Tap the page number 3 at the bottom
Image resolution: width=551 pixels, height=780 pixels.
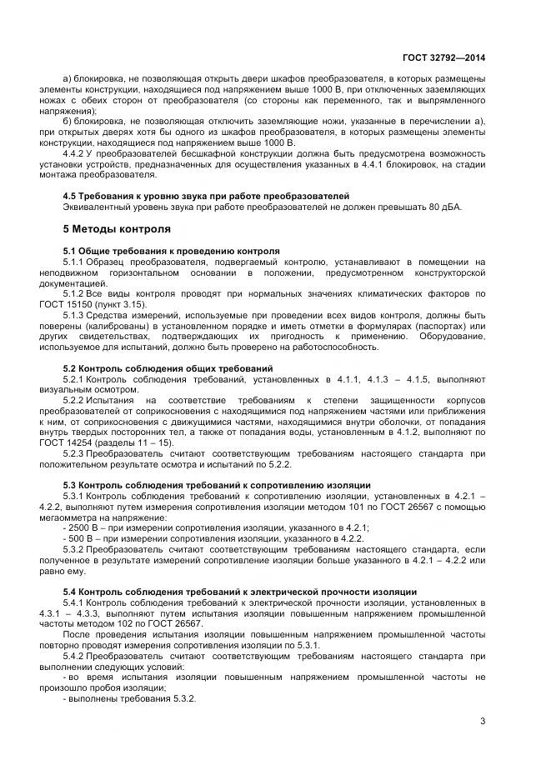pyautogui.click(x=483, y=721)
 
